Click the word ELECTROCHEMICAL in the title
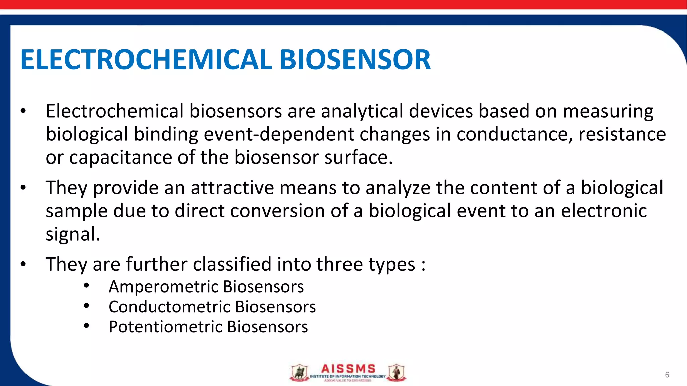coord(146,60)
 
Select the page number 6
coord(667,375)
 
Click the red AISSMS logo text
coord(348,369)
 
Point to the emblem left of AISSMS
coord(299,373)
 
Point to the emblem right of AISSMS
coord(397,373)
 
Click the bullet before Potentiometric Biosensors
coord(86,326)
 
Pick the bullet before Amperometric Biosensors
coord(86,285)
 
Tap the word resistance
coord(622,134)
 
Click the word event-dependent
coord(278,134)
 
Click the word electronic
coord(603,211)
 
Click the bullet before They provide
coord(23,188)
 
